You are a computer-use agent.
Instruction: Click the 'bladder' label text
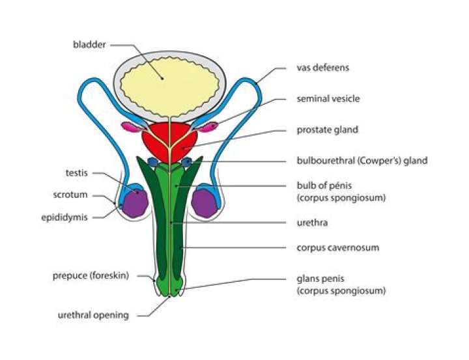tap(89, 45)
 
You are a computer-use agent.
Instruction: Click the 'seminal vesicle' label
tap(327, 99)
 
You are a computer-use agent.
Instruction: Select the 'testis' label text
tap(77, 173)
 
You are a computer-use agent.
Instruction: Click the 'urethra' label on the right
tap(311, 223)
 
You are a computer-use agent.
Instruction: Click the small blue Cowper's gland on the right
tap(187, 161)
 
